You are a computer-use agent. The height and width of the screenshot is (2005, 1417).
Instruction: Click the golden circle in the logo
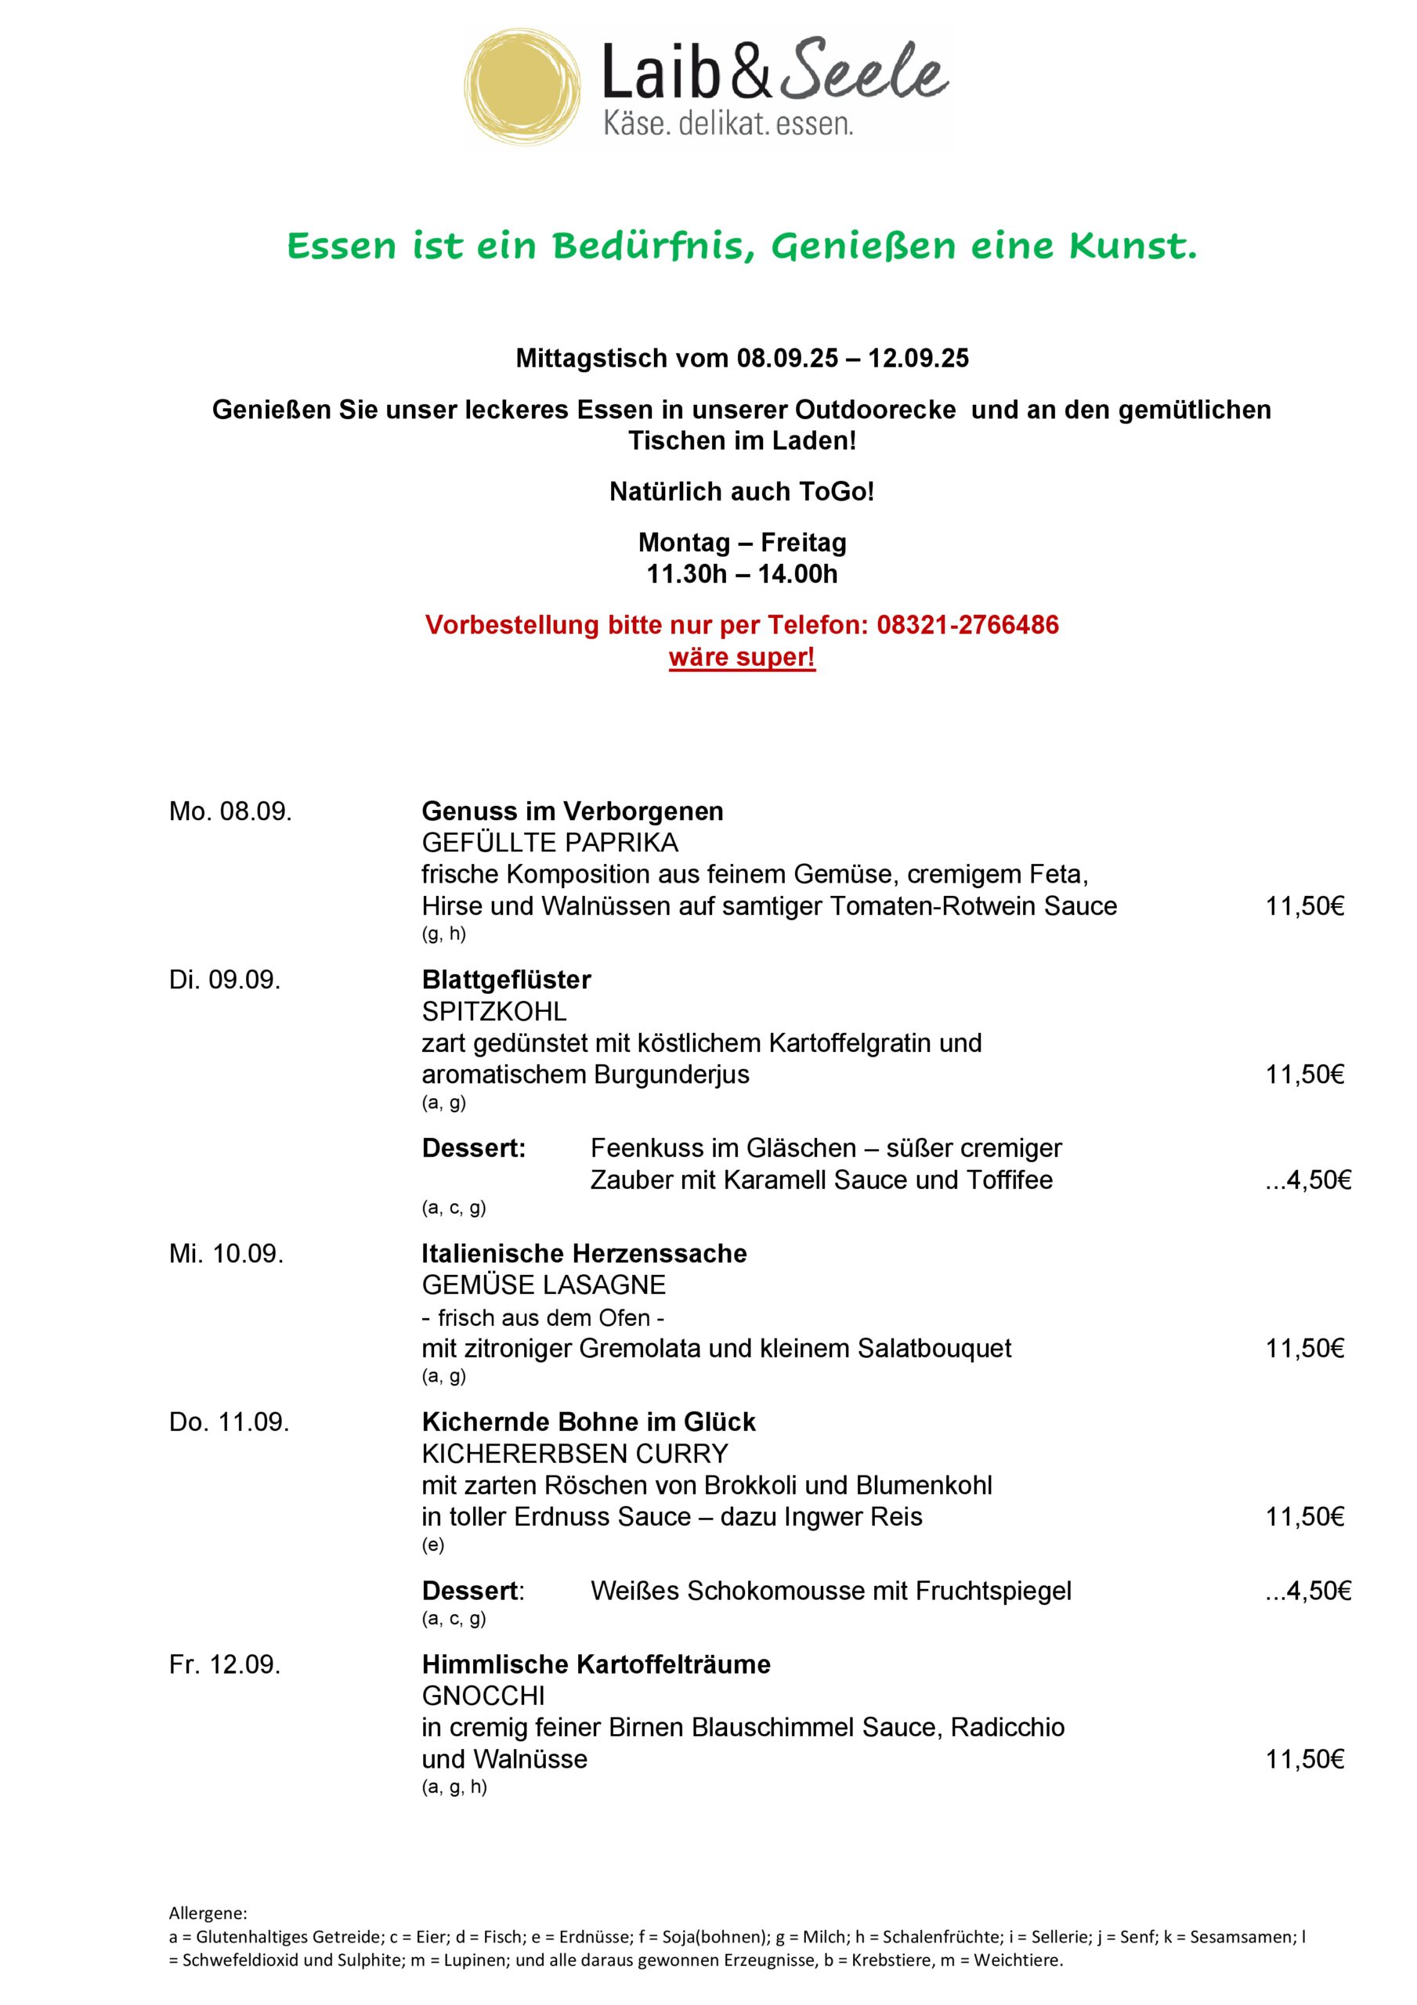pos(522,89)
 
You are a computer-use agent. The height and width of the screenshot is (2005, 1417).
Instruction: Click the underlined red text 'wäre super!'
pos(742,656)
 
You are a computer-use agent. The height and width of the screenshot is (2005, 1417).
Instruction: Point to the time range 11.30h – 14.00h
pos(742,575)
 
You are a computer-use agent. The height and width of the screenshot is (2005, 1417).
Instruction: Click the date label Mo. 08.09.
pos(230,812)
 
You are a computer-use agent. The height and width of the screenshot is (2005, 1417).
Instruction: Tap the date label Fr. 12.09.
pos(225,1665)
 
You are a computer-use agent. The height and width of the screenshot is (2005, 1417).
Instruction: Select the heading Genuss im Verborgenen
pos(573,812)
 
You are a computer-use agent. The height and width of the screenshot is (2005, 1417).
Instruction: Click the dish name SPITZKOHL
pos(493,1012)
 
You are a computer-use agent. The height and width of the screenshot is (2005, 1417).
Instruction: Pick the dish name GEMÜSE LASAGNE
pos(544,1285)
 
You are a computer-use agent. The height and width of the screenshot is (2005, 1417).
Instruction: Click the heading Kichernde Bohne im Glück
pos(588,1422)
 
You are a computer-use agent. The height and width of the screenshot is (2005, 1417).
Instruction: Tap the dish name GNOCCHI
pos(483,1696)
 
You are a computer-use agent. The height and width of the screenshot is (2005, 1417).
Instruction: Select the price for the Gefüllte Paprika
pos(1304,906)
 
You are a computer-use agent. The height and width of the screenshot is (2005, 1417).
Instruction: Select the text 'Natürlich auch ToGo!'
pos(742,493)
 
